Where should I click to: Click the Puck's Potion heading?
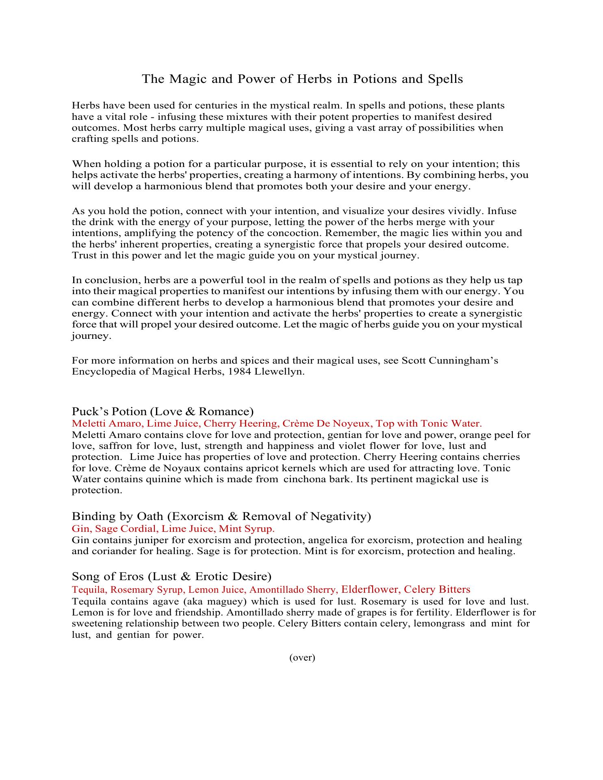click(x=163, y=411)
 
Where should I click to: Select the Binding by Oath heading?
click(x=221, y=516)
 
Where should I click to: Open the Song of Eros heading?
click(x=171, y=576)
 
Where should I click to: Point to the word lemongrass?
click(x=439, y=624)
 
